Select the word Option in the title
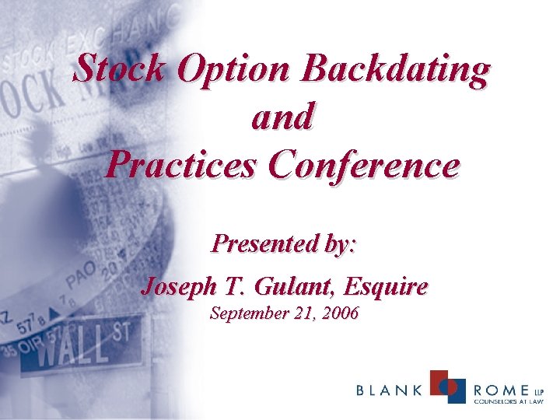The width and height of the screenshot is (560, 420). (x=233, y=69)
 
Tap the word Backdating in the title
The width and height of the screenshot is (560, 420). (x=396, y=69)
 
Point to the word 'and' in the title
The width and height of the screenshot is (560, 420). (x=282, y=117)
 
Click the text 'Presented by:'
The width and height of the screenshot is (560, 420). (x=284, y=244)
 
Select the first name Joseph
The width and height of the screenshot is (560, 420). (x=176, y=287)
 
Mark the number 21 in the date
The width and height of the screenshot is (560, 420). (x=300, y=314)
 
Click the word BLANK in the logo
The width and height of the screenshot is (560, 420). (x=390, y=390)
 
